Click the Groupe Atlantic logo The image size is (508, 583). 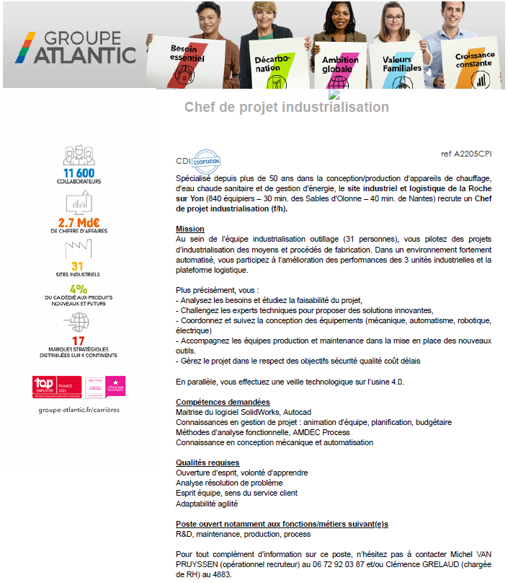click(x=76, y=47)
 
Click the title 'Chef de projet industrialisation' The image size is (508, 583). click(x=287, y=108)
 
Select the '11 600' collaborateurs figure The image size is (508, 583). click(x=79, y=173)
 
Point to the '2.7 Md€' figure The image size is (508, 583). click(x=79, y=222)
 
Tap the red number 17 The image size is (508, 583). click(x=79, y=341)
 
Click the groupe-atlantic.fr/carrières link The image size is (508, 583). click(x=79, y=409)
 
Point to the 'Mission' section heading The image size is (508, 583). click(x=190, y=229)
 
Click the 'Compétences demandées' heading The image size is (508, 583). click(x=223, y=402)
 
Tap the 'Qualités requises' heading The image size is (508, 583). click(x=208, y=463)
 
